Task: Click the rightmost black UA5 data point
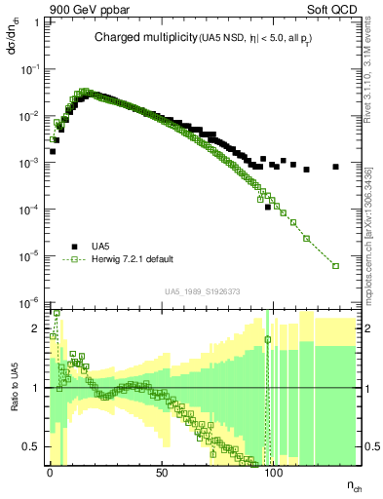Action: click(x=335, y=167)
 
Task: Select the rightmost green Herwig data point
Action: click(x=335, y=265)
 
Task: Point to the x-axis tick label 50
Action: click(x=162, y=473)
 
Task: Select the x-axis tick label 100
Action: click(x=275, y=473)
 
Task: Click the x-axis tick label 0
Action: click(x=50, y=473)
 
